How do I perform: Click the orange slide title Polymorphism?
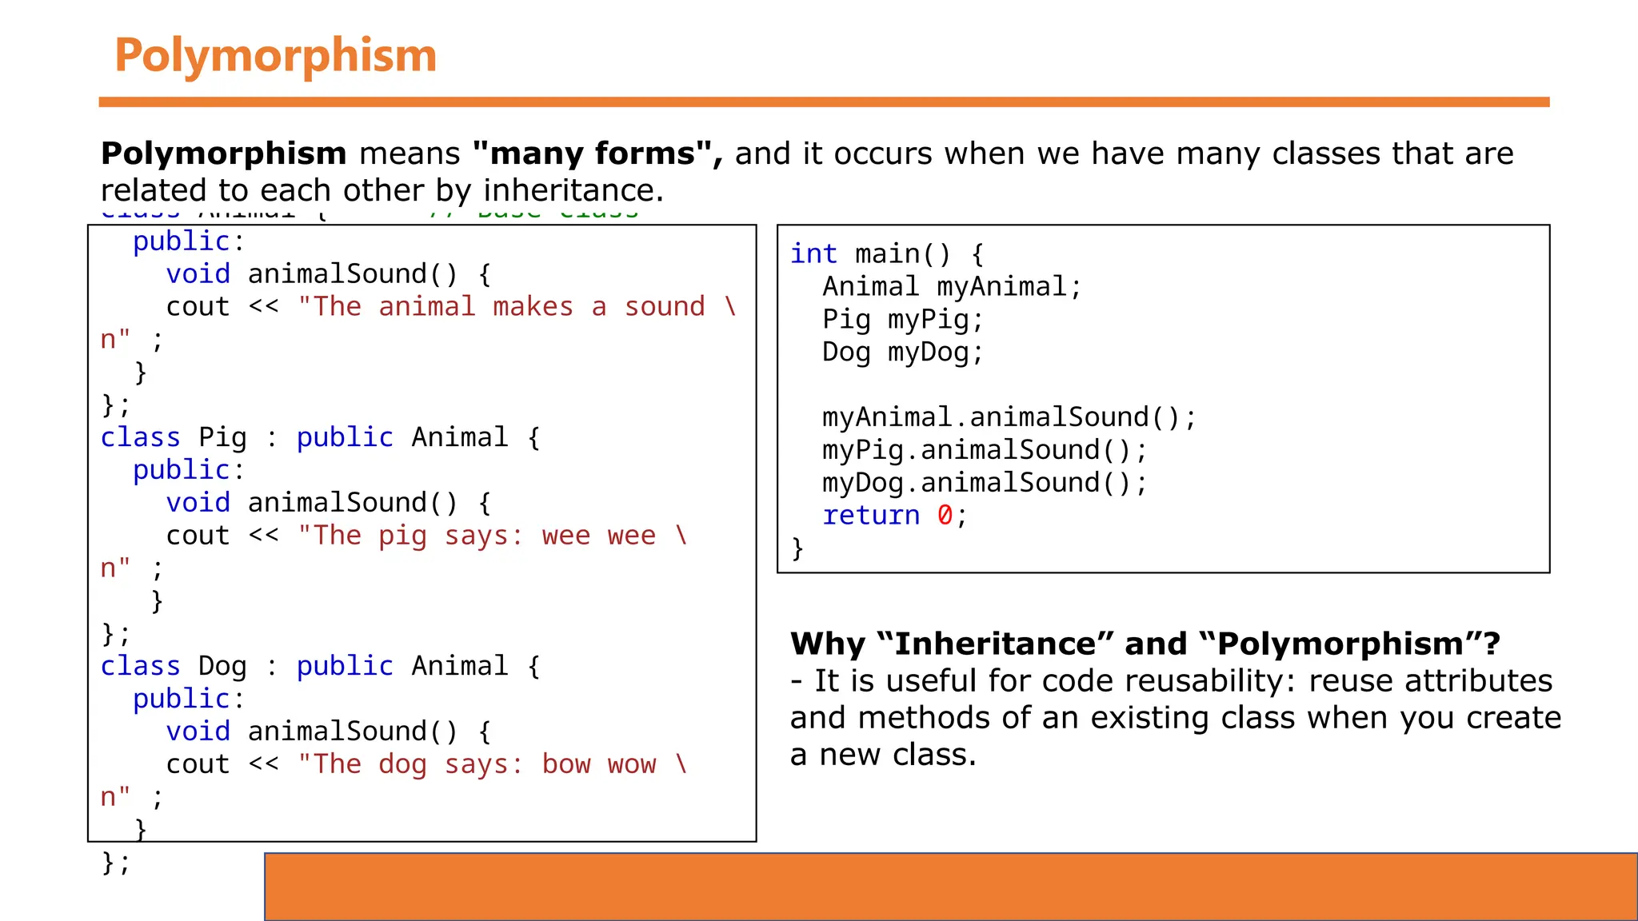(275, 55)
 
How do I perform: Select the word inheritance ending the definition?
(573, 190)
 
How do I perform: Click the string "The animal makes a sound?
(501, 307)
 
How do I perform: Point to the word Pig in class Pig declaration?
(222, 437)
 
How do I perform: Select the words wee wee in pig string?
(598, 536)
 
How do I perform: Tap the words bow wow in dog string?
(598, 764)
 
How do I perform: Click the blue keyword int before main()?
(813, 254)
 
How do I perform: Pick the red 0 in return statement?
(945, 516)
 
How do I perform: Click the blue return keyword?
(871, 516)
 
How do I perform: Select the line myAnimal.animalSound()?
(1009, 417)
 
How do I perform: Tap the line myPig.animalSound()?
(985, 450)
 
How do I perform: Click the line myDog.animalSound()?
(985, 483)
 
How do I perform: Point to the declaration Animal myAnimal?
(952, 287)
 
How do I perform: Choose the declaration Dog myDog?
(902, 353)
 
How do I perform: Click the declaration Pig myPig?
(902, 320)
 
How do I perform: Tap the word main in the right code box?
(887, 254)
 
